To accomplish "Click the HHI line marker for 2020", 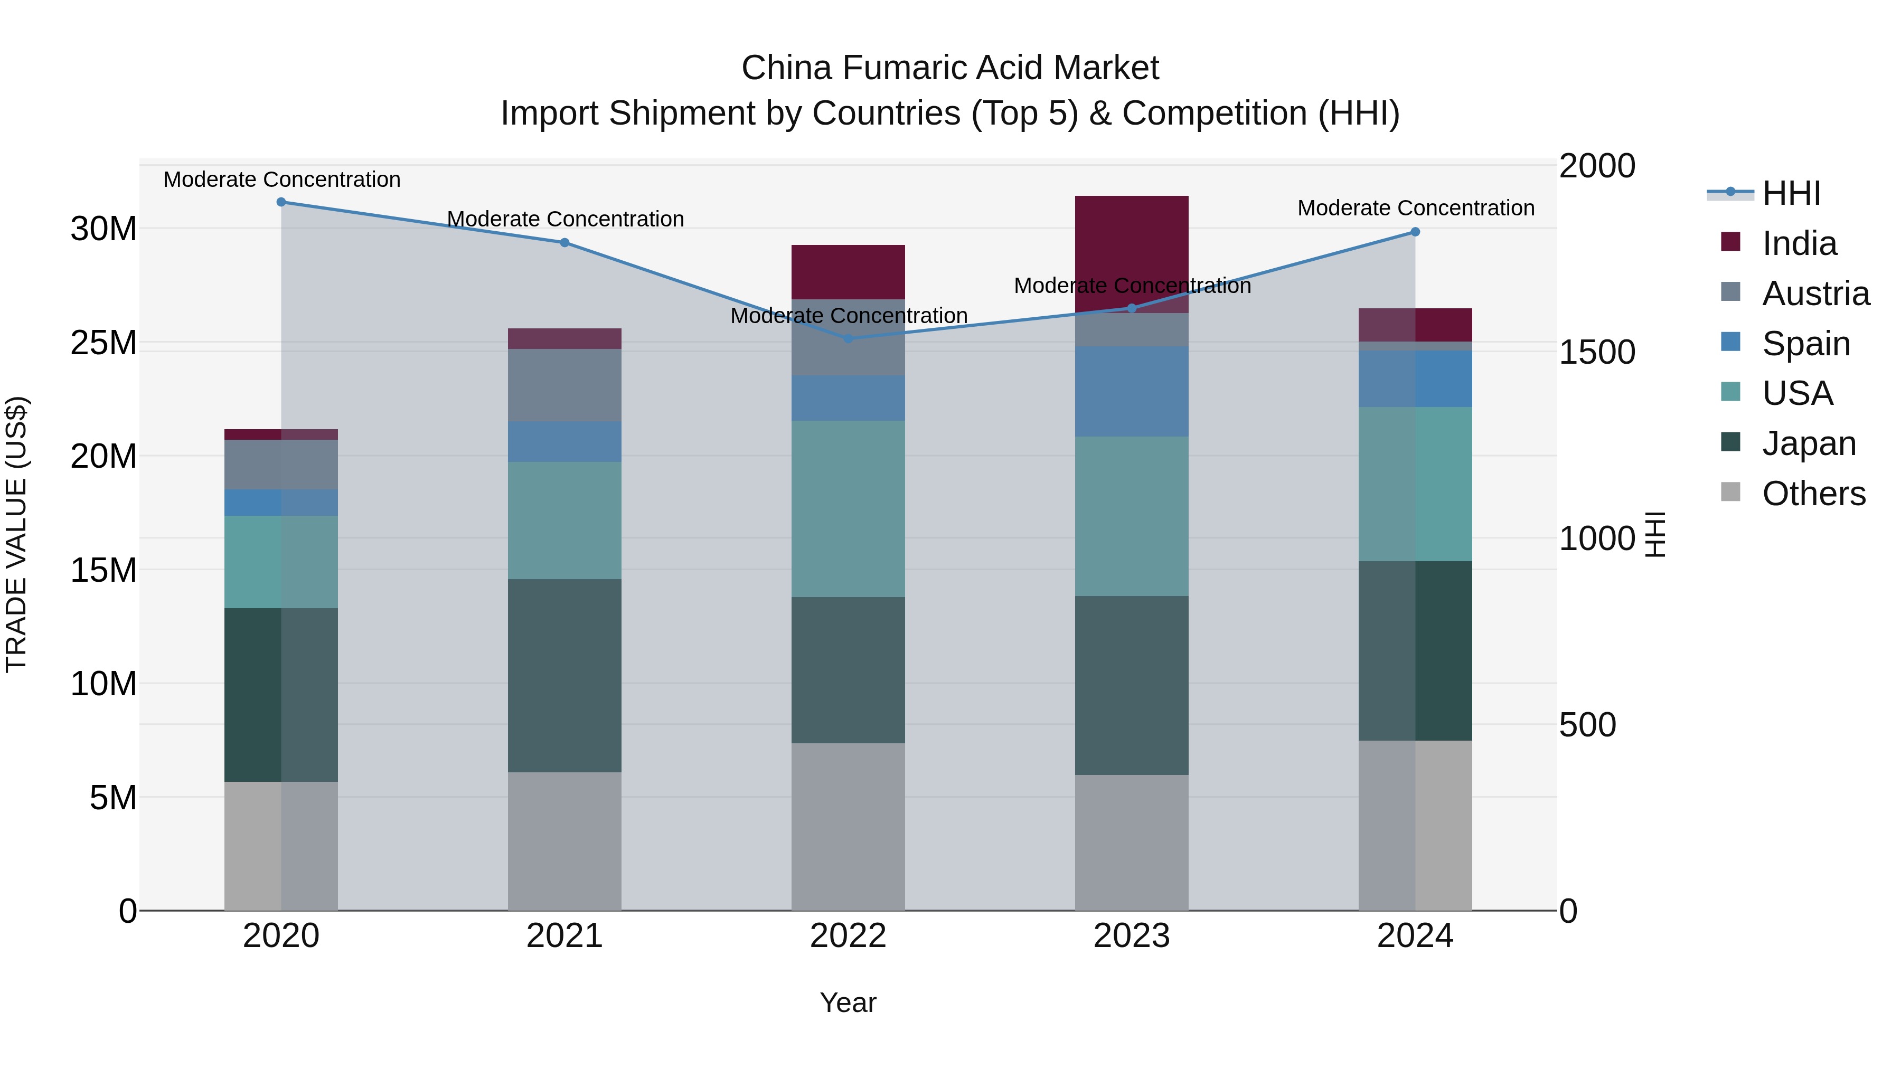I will (281, 202).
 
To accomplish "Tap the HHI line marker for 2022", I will (848, 338).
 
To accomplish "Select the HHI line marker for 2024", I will (1415, 232).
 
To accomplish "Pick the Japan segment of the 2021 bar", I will (564, 675).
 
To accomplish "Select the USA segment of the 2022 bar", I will (848, 509).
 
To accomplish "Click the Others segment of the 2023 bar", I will (1131, 842).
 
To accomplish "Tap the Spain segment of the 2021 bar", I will (564, 441).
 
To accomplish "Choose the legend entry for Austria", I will (1815, 294).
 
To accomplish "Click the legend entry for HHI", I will (1791, 193).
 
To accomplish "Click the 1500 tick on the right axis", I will (1597, 352).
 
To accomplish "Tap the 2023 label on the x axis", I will (1131, 936).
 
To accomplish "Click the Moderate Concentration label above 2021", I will (565, 219).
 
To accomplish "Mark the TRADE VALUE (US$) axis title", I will (16, 534).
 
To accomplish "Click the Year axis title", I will (848, 1002).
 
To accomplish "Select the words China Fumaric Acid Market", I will (950, 68).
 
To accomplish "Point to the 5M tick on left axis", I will (113, 798).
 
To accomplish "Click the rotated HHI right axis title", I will (1655, 534).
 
